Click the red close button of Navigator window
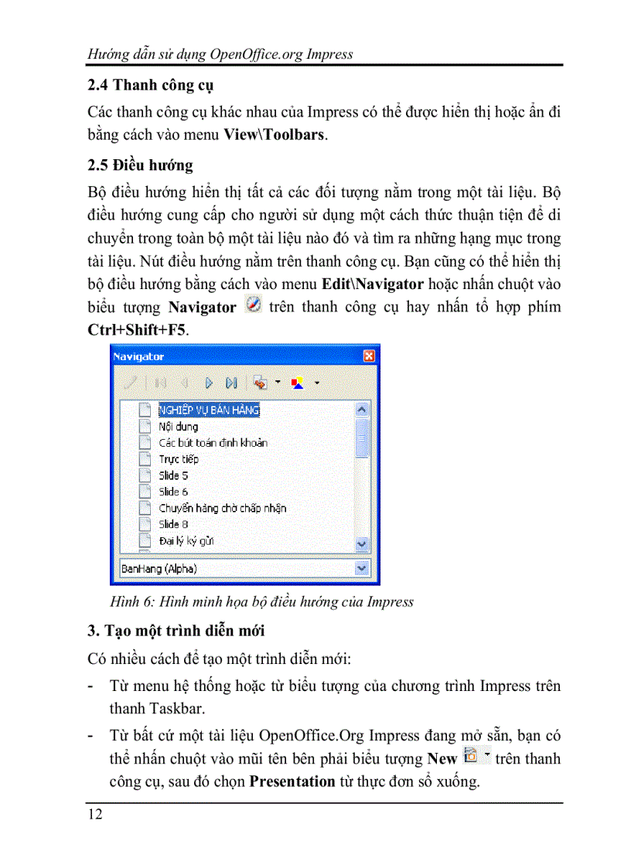[x=369, y=356]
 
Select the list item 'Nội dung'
[x=178, y=427]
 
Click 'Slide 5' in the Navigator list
[x=173, y=475]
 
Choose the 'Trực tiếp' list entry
[x=179, y=459]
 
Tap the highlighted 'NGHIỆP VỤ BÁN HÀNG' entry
[x=209, y=410]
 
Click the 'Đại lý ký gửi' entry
[x=186, y=540]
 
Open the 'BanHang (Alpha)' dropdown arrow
[x=362, y=568]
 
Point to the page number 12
[x=95, y=814]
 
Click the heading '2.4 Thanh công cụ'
[x=151, y=85]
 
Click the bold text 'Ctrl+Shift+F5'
[x=138, y=328]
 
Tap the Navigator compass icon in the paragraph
[x=253, y=305]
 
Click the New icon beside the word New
[x=469, y=755]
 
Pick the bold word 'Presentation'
[x=292, y=781]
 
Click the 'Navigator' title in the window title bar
[x=138, y=356]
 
